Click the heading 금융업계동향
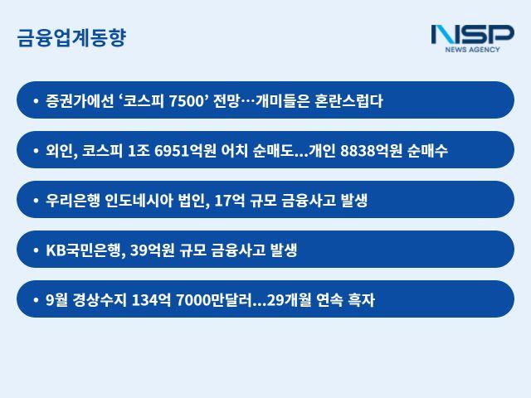71,38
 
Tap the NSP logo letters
472,34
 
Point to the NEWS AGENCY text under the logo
473,51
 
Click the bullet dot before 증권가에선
36,101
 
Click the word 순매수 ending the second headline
428,151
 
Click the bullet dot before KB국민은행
36,250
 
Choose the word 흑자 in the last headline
362,300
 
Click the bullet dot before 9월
36,300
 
